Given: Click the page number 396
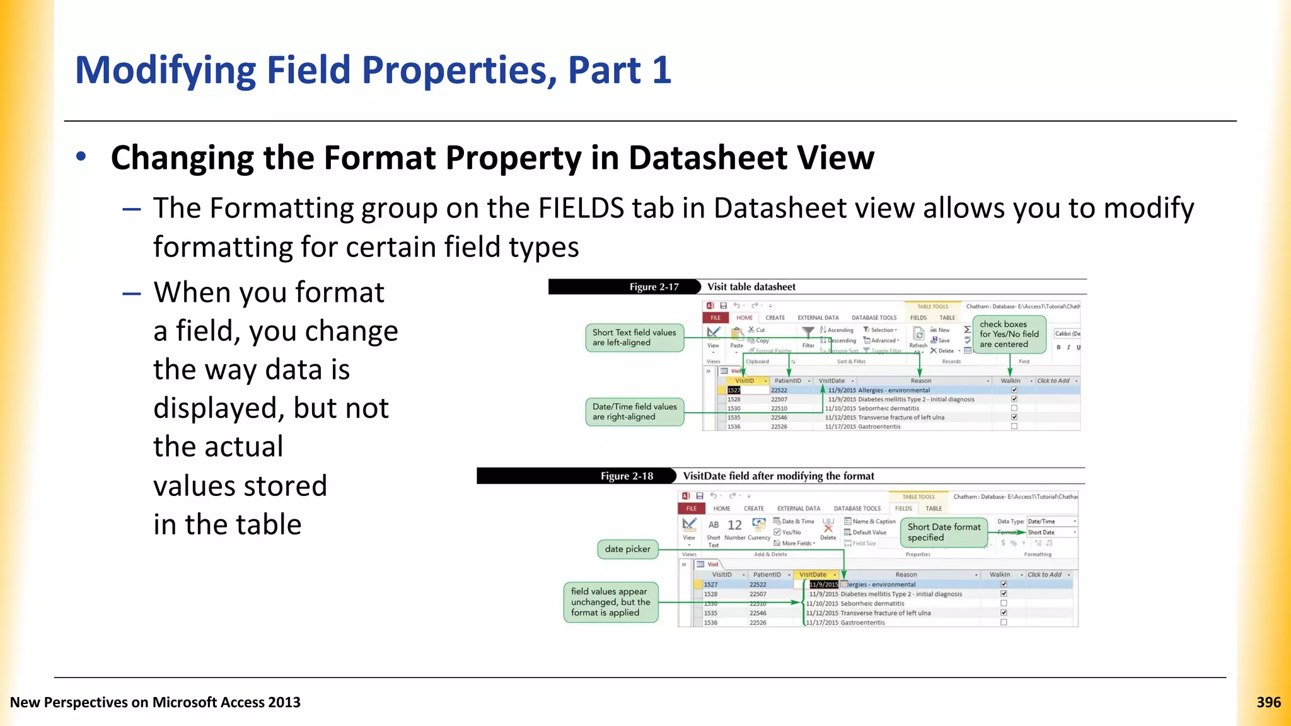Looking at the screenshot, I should [1268, 702].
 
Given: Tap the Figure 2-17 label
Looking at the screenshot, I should [654, 287].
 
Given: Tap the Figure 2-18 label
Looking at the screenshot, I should [627, 476].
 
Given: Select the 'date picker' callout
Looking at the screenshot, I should [627, 549].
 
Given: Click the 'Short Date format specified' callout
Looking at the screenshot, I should [944, 533].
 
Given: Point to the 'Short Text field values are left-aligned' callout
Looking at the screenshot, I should [634, 338].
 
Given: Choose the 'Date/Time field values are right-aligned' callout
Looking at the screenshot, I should [634, 412].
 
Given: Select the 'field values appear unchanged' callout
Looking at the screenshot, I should [610, 602].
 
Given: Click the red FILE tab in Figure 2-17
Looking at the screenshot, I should [715, 318].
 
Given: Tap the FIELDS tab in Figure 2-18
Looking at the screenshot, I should [903, 509].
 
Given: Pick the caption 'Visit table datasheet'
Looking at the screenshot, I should [751, 287].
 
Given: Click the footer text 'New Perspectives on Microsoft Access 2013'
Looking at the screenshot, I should [155, 702].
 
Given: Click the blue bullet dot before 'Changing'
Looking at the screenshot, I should [81, 156].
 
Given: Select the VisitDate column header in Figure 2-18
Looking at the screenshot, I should [813, 575].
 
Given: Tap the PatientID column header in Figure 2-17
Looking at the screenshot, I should [787, 381].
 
